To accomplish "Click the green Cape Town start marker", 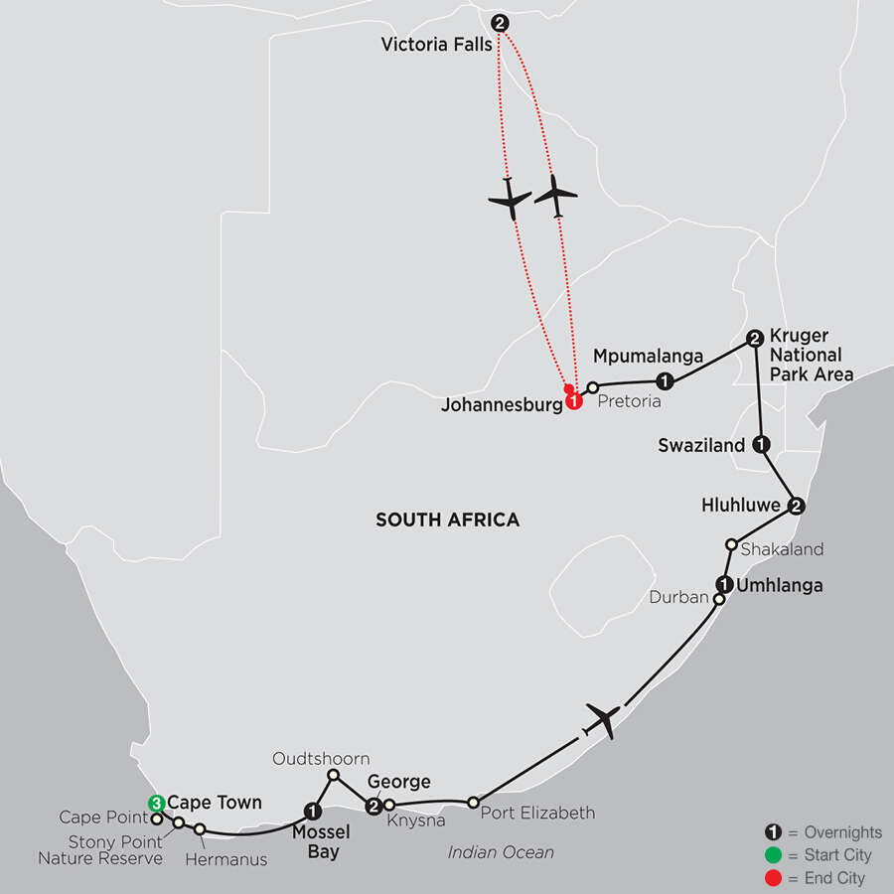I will (156, 803).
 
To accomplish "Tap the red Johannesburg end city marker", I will (574, 402).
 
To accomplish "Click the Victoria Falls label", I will (434, 45).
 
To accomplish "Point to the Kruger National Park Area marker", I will (754, 338).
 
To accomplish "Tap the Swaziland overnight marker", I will (761, 445).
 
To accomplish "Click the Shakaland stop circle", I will (731, 544).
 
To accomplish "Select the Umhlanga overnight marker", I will (725, 584).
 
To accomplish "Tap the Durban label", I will (677, 598).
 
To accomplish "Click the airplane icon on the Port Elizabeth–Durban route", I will (603, 718).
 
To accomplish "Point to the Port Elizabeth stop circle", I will (473, 802).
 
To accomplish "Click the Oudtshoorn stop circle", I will (334, 775).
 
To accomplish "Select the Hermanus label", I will (226, 859).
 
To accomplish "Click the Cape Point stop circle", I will (156, 819).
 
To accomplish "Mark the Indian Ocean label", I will (500, 852).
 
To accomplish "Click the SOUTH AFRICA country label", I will (447, 520).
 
